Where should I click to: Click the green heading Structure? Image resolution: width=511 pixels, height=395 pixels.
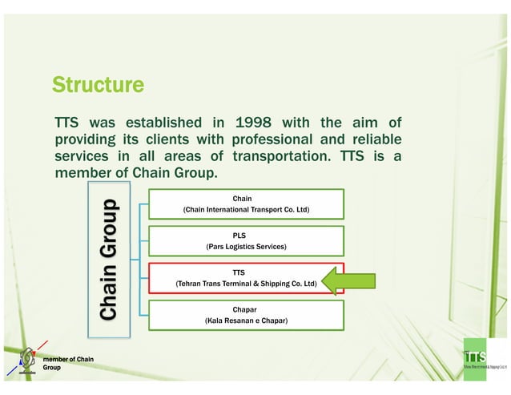[98, 84]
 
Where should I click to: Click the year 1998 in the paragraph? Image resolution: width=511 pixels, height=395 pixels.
[255, 123]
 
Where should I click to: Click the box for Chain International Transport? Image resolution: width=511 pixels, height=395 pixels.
[242, 204]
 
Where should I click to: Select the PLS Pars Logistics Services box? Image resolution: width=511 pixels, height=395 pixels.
[242, 240]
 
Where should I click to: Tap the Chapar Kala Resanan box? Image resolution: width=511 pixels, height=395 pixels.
[242, 314]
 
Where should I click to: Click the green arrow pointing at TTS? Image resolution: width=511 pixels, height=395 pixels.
[351, 282]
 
